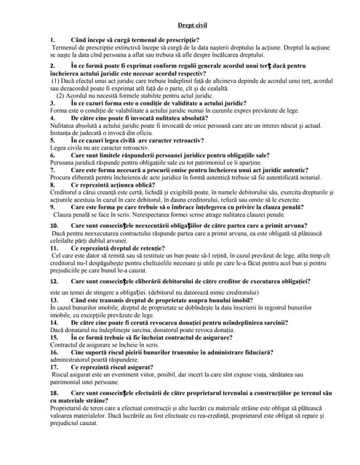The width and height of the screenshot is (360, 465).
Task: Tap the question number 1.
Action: pyautogui.click(x=52, y=40)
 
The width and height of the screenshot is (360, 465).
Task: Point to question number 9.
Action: pyautogui.click(x=52, y=207)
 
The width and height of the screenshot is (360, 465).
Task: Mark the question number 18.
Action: pyautogui.click(x=54, y=392)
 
